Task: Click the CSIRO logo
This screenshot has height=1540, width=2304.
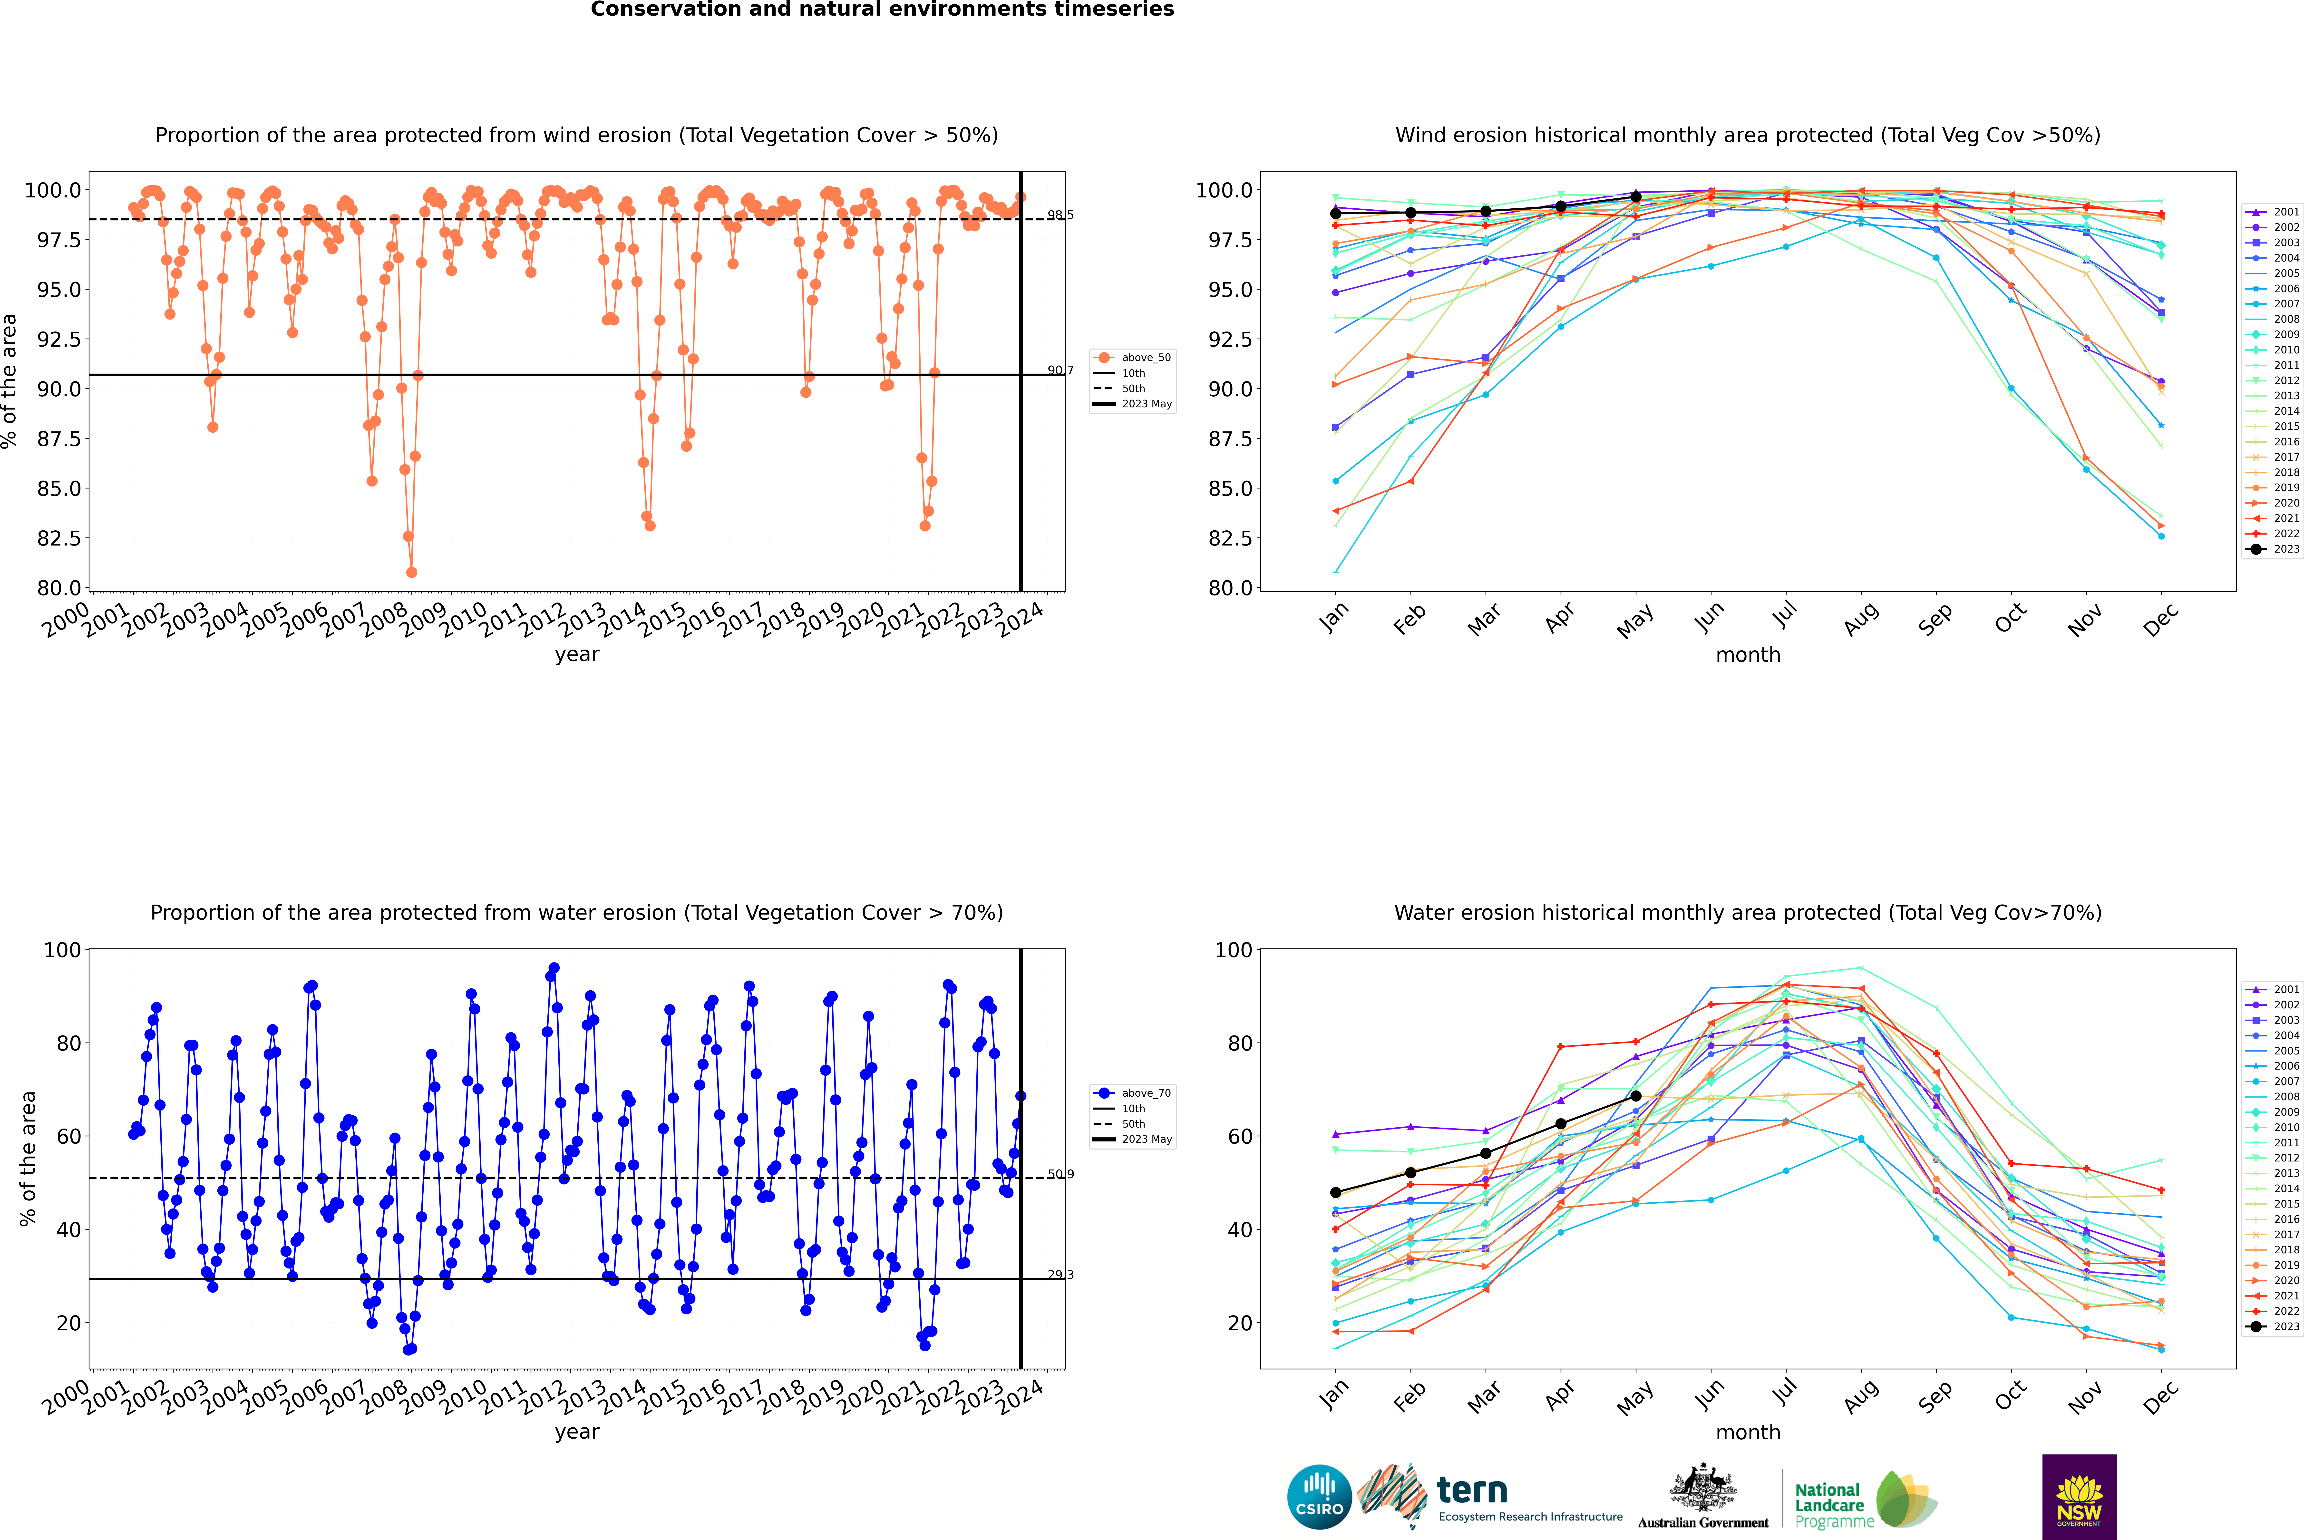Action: [1319, 1497]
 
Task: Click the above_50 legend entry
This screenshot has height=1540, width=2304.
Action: [1145, 358]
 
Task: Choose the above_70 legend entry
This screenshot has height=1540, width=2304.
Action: [1145, 1093]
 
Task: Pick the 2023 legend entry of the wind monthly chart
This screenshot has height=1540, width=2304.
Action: [2285, 549]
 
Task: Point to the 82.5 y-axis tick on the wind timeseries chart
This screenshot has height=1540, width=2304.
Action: [59, 538]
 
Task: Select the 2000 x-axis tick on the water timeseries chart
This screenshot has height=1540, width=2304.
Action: [65, 1398]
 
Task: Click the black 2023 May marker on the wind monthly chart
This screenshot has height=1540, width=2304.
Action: [1635, 197]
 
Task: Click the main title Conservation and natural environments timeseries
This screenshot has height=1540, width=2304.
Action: [882, 10]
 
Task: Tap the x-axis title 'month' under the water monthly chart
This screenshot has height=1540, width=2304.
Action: [1747, 1432]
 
